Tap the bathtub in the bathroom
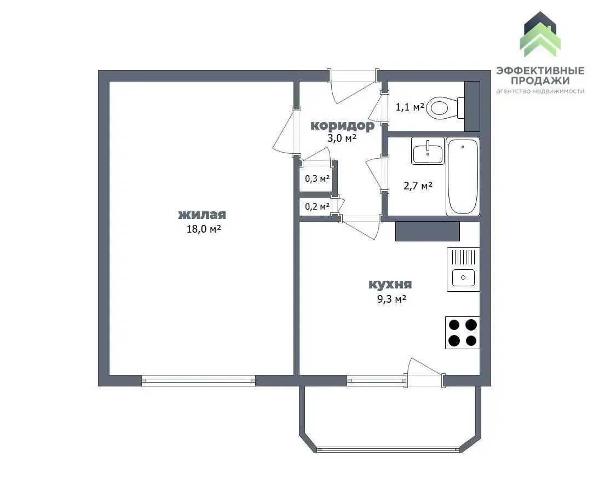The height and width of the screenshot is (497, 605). (x=463, y=176)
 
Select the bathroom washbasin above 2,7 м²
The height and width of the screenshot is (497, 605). (x=428, y=151)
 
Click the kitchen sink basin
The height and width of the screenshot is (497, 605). (x=463, y=278)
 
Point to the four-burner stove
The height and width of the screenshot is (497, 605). (x=462, y=333)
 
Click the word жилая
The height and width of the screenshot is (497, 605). (x=202, y=215)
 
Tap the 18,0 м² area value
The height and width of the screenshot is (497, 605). (x=204, y=229)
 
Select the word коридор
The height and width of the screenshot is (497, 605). (x=342, y=126)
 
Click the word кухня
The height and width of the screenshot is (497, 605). (x=390, y=285)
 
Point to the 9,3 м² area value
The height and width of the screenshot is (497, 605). (x=391, y=299)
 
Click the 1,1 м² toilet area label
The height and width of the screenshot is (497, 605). (x=410, y=107)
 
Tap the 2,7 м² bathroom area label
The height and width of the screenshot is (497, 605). (x=418, y=186)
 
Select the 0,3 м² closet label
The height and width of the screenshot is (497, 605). (x=317, y=178)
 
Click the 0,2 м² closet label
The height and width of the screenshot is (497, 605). (x=317, y=207)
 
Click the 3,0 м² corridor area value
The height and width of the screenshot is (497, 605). (x=342, y=138)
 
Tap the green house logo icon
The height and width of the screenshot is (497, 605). (x=540, y=34)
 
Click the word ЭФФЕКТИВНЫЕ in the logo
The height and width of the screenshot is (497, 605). (x=540, y=71)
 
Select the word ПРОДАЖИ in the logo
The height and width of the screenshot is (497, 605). (x=540, y=80)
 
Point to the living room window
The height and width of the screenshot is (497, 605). (x=198, y=380)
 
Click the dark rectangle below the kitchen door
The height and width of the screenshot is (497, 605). (x=428, y=231)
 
